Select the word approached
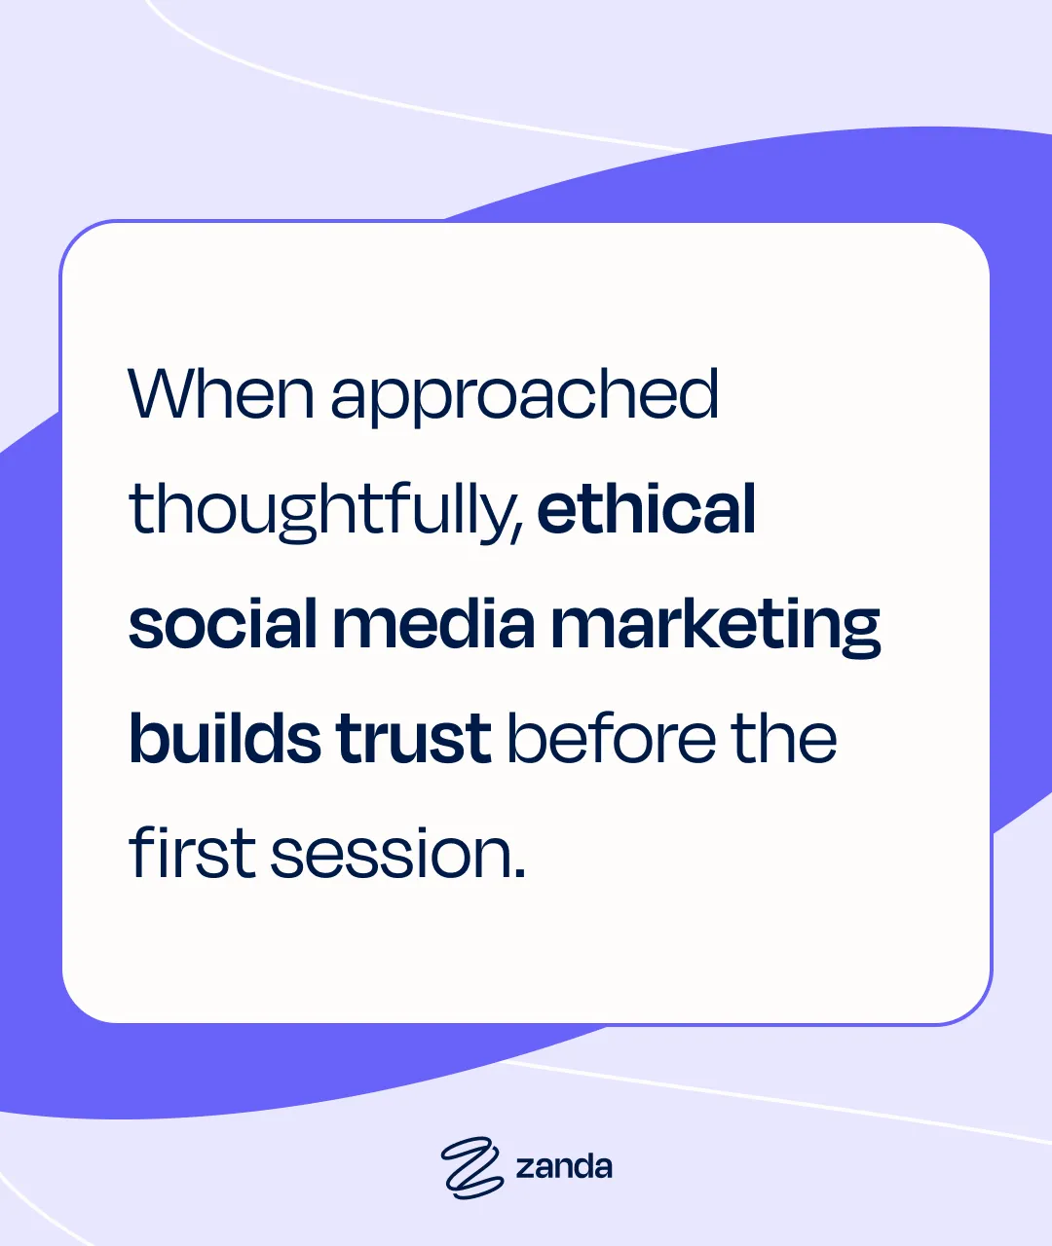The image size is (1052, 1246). tap(524, 397)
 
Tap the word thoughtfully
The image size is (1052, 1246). tap(320, 511)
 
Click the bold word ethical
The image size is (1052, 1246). tap(646, 509)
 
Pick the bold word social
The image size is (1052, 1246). tap(223, 624)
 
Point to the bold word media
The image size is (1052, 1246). tap(433, 624)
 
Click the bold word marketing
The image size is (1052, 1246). tap(715, 626)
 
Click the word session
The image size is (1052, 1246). tap(387, 854)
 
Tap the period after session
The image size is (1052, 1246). tap(518, 873)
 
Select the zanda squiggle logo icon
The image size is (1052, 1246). tap(471, 1167)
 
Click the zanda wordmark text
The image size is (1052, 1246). tap(564, 1166)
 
